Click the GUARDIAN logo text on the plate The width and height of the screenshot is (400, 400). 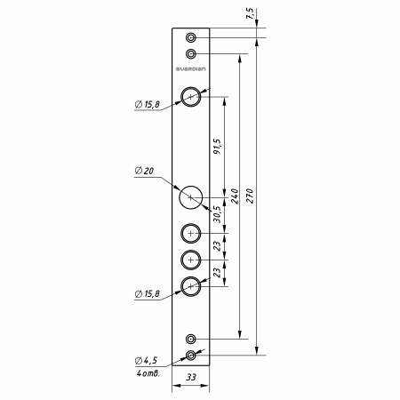[190, 69]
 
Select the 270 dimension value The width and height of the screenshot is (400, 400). [250, 196]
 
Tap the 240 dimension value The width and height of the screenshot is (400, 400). [235, 196]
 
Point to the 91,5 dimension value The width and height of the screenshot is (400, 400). [217, 146]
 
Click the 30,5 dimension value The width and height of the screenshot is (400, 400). [217, 214]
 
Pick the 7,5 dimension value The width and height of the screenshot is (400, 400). [250, 13]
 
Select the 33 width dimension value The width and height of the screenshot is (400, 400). [191, 377]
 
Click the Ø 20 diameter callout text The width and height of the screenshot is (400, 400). [144, 171]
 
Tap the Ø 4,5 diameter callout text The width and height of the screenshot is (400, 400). [146, 360]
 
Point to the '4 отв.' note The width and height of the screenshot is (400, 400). [148, 373]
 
